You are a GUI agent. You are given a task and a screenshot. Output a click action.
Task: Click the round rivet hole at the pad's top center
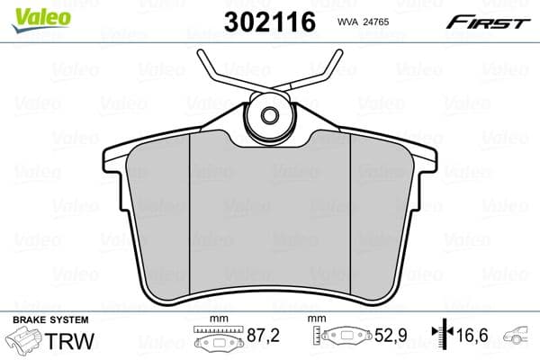269,114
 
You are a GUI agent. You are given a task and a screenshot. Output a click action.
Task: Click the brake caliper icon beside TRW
24,343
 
